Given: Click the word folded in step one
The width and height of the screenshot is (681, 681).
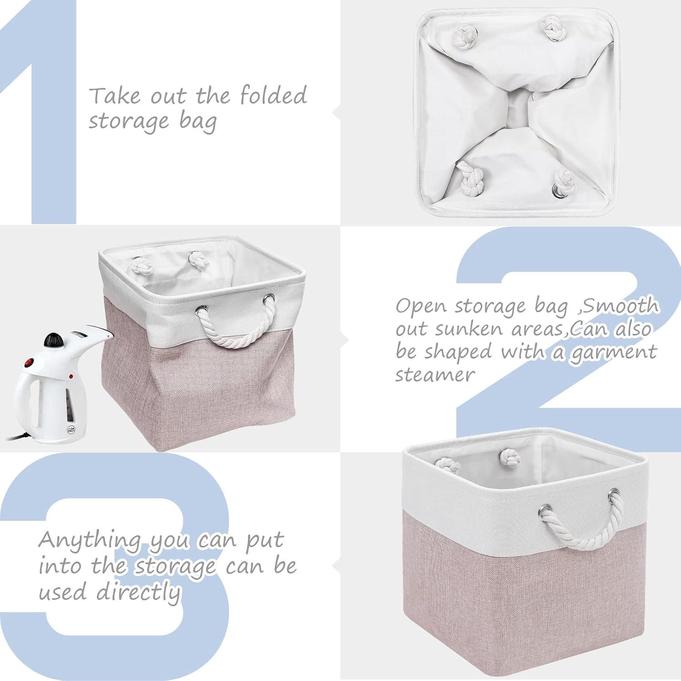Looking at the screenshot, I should tap(273, 95).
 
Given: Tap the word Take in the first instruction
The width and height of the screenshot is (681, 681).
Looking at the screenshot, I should tap(114, 96).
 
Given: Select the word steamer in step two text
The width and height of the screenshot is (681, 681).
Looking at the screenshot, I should tap(434, 375).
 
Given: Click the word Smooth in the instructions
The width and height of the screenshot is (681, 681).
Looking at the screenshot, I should tap(621, 306).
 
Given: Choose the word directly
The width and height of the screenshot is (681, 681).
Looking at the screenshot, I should tap(138, 592).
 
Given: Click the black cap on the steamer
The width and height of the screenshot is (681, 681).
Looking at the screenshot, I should tap(53, 340).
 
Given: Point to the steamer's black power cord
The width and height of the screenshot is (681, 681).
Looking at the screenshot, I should tap(18, 437).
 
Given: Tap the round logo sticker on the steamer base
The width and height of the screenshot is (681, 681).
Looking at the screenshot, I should tap(70, 430).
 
